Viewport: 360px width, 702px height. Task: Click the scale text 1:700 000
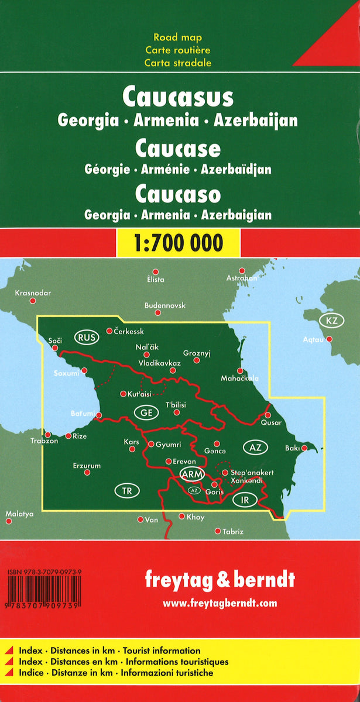179,242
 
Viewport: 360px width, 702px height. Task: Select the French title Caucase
178,149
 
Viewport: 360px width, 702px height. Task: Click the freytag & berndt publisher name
220,580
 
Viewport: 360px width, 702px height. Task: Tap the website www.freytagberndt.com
220,603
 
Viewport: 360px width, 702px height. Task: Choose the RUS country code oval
87,337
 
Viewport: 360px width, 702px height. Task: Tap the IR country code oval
245,500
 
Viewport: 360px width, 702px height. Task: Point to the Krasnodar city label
33,292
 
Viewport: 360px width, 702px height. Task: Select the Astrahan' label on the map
242,278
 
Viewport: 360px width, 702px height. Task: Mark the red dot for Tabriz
218,531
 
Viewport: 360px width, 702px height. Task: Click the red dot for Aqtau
330,339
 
